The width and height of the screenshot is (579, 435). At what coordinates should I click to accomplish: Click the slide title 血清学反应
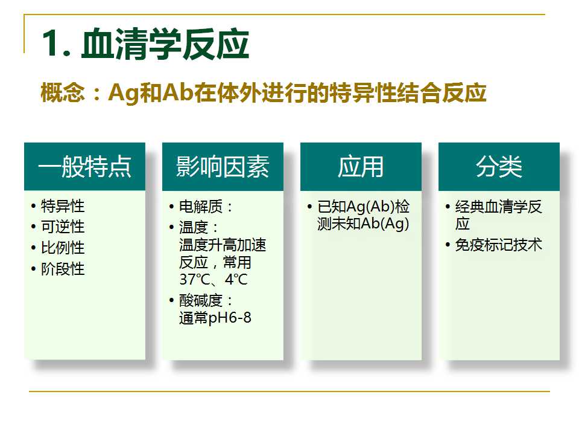tap(165, 44)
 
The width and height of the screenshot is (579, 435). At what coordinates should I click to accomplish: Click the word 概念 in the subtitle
tap(62, 92)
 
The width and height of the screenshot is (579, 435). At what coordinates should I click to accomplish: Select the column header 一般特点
tap(84, 167)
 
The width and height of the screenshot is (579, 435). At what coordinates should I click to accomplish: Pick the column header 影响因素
tap(223, 167)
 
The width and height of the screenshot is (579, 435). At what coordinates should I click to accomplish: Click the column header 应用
tap(361, 167)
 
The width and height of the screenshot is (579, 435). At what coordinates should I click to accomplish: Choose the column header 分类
tap(499, 167)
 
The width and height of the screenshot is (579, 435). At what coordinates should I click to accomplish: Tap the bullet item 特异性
tap(63, 206)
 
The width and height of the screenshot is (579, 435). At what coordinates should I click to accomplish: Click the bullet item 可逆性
tap(63, 227)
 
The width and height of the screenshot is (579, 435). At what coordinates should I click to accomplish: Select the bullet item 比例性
tap(63, 248)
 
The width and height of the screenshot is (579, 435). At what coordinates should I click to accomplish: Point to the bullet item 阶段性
tap(63, 268)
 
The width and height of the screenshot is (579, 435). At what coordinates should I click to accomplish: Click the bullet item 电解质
tap(201, 207)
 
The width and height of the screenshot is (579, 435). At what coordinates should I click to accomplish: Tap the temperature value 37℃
tap(195, 279)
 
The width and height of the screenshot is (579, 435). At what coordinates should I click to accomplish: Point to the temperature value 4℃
tap(236, 279)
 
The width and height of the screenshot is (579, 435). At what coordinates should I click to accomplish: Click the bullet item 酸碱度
tap(201, 300)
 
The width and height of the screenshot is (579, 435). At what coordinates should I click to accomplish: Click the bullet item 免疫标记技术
tap(499, 245)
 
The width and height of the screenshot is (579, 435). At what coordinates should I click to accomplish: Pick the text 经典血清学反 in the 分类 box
tap(499, 207)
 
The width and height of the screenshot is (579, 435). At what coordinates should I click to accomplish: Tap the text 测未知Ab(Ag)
tap(363, 224)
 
